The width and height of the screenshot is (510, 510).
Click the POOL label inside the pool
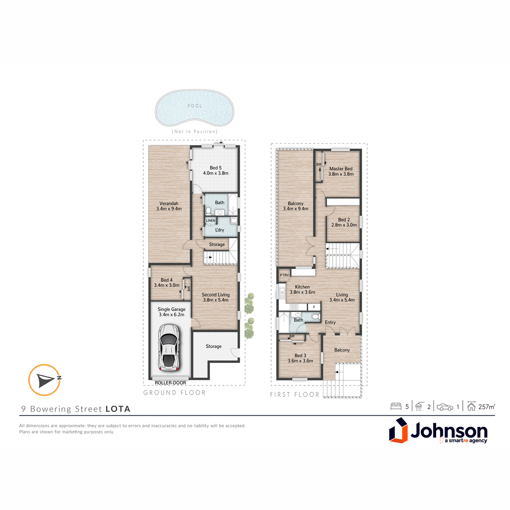[195, 106]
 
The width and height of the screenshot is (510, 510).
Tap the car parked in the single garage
[169, 347]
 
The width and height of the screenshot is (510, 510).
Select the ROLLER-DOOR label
[170, 382]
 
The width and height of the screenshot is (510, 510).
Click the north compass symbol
[45, 380]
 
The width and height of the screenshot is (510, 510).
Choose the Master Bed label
[341, 169]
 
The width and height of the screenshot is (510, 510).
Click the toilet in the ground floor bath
[208, 211]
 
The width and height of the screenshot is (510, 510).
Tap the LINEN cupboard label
[211, 221]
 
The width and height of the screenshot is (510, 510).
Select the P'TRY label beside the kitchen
[284, 275]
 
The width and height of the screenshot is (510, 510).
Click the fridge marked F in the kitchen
[314, 307]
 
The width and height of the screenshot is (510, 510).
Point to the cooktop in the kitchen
[294, 307]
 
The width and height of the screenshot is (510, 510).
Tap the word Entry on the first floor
[330, 322]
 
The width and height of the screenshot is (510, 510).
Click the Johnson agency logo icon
[398, 430]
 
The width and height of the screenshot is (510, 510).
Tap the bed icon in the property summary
[396, 407]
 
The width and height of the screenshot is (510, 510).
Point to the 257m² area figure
[487, 407]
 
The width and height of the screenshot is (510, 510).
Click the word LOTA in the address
[118, 409]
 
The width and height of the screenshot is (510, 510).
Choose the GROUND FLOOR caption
[174, 393]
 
